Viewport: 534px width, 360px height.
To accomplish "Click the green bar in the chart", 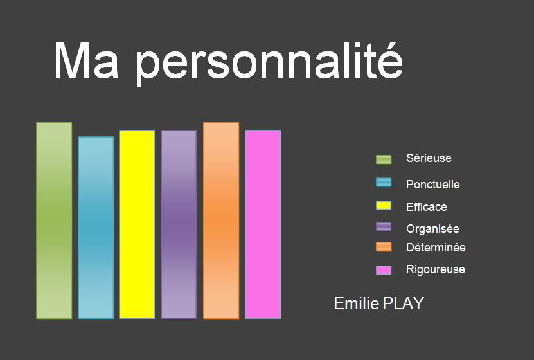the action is (54, 221).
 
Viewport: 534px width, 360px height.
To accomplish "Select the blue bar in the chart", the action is (96, 228).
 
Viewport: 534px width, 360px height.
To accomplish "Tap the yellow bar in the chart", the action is (137, 224).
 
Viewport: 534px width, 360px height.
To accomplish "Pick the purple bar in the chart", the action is (179, 224).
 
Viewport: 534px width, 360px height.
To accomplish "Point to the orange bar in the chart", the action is (221, 221).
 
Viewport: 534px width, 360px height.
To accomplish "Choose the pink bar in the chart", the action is (263, 224).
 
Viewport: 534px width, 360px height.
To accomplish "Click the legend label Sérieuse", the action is (429, 158).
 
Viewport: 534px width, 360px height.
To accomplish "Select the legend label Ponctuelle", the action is (433, 184).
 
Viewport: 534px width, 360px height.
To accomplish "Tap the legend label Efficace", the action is (427, 207).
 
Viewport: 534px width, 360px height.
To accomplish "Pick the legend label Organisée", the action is (432, 228).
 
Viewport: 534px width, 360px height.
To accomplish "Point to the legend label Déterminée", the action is (436, 248).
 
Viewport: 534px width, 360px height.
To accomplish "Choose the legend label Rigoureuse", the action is (436, 269).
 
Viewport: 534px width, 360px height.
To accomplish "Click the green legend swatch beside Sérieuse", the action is (384, 159).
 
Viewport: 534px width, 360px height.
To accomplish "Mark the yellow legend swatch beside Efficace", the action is (384, 206).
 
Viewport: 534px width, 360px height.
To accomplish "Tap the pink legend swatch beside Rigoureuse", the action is (384, 270).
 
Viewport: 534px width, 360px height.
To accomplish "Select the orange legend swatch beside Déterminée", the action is (384, 247).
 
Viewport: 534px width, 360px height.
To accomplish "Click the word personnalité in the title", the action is (269, 62).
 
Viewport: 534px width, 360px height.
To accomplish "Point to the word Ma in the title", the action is (87, 61).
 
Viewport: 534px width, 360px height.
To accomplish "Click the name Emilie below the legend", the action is (357, 303).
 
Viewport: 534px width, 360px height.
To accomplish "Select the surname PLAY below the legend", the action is (404, 303).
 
